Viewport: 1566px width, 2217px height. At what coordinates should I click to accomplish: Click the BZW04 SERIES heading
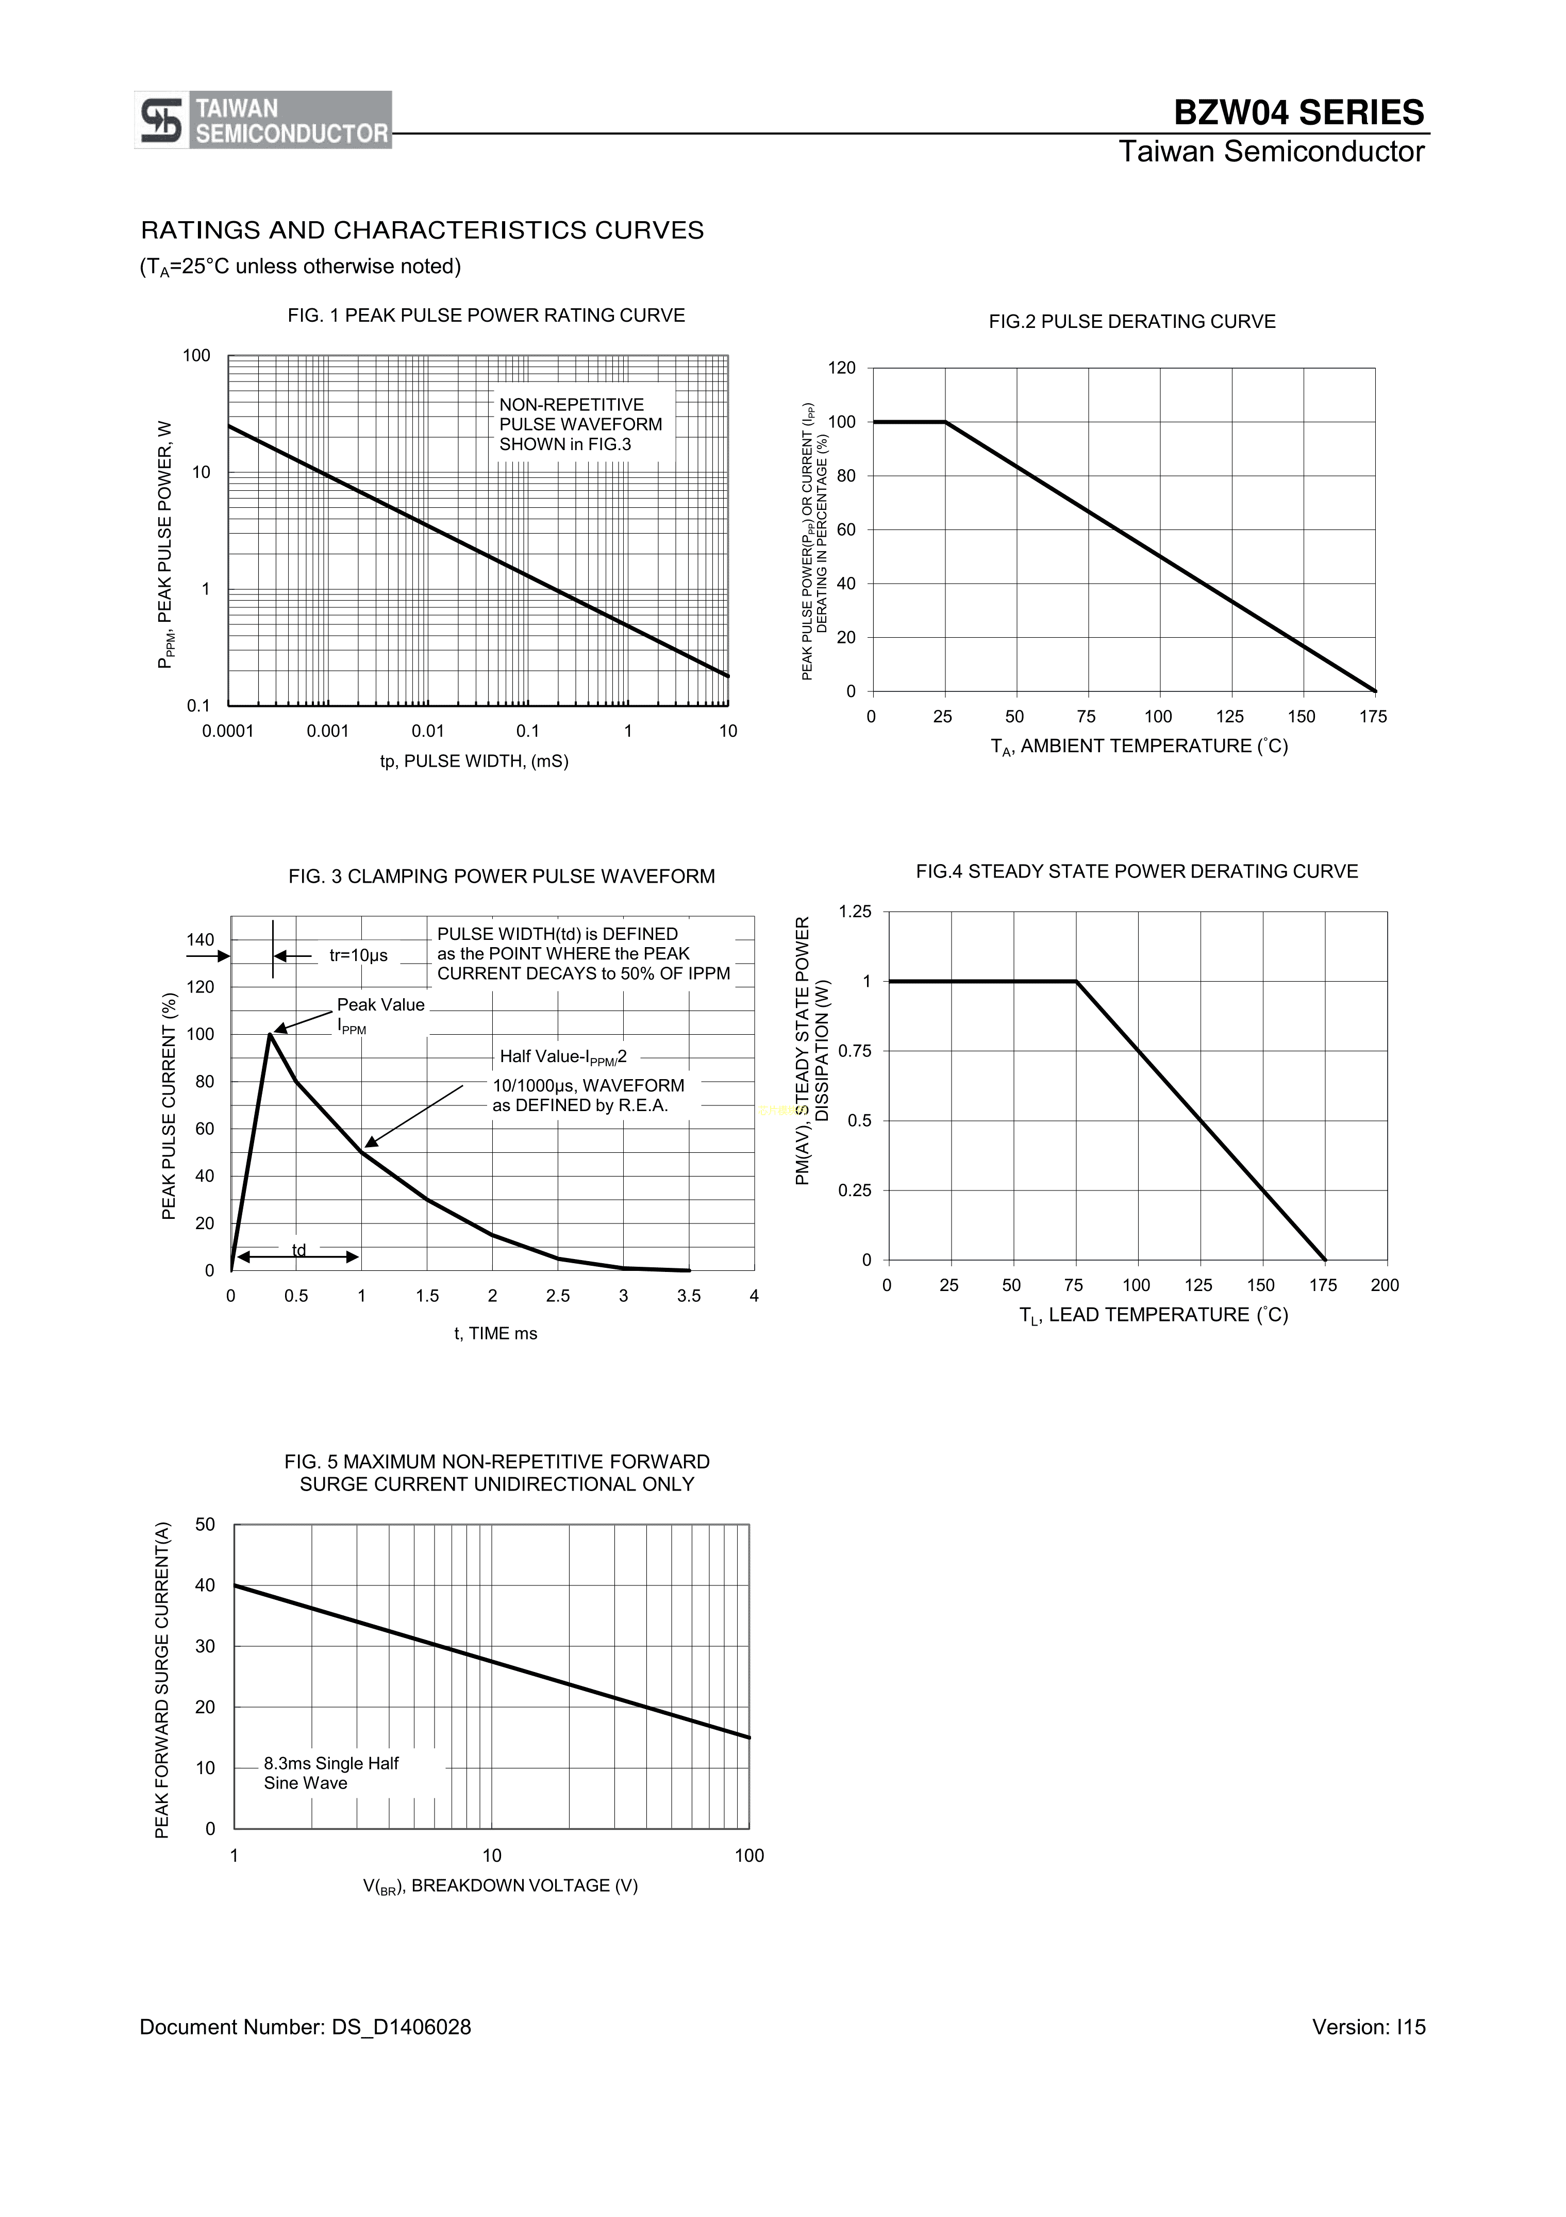(x=1297, y=113)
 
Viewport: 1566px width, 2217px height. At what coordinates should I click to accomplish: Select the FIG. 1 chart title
(x=486, y=316)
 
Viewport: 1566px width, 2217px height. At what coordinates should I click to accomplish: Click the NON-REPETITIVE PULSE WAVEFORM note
(x=580, y=424)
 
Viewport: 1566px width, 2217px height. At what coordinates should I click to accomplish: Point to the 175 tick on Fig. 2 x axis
(x=1372, y=717)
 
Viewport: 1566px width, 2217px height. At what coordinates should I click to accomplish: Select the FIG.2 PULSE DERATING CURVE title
(x=1131, y=322)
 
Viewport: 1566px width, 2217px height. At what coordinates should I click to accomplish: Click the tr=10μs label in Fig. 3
(x=358, y=956)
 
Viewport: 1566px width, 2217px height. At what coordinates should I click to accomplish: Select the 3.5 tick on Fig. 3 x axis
(x=688, y=1296)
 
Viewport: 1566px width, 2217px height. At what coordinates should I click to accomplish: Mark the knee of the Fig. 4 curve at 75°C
(x=1076, y=982)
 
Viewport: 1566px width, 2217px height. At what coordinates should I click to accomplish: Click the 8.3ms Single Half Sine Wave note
(x=331, y=1773)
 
